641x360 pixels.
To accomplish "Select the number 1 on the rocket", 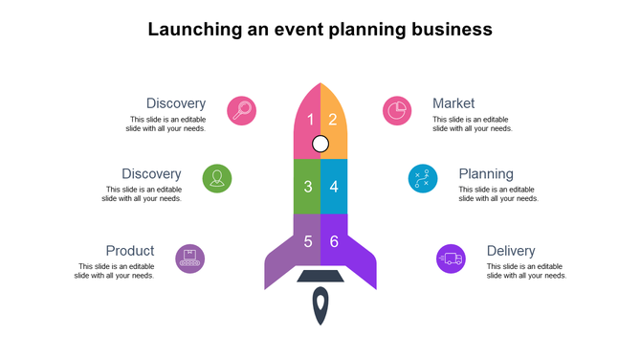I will [310, 120].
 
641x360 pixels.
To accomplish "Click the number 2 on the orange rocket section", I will [333, 120].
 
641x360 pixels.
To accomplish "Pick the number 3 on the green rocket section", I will [308, 186].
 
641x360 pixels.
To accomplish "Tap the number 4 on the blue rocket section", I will [334, 186].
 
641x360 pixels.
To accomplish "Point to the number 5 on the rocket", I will [308, 240].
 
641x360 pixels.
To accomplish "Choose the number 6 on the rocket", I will [334, 240].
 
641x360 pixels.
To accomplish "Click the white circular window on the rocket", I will [320, 145].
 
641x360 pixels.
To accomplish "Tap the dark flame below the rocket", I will [320, 307].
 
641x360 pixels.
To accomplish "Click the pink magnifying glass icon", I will [242, 110].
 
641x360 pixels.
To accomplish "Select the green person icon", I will [217, 178].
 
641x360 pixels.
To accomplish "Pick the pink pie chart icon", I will [397, 110].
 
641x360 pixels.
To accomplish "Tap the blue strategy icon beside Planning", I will [423, 178].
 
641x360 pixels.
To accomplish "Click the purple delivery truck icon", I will [451, 259].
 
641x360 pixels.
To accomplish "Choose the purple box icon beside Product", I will [190, 259].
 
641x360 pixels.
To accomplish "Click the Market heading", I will [453, 103].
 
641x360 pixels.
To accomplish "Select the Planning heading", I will [486, 174].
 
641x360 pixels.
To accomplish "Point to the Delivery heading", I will [511, 251].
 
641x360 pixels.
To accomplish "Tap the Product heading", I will [130, 251].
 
